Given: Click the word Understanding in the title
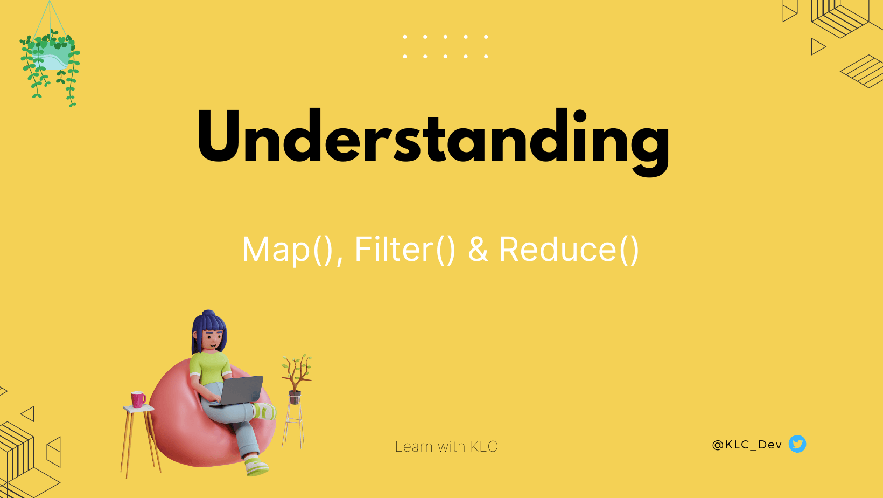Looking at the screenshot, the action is point(433,141).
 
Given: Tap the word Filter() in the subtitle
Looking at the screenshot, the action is point(405,250).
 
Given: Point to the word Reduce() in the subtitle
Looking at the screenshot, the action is point(569,250).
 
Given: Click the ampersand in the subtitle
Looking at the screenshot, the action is point(478,250).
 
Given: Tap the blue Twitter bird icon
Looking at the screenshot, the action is point(797,444).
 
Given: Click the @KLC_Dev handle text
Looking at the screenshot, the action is point(747,445).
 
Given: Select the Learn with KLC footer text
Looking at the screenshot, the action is point(446,447).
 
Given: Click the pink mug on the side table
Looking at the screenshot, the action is point(138,399).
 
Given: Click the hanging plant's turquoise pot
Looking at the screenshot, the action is point(51,57).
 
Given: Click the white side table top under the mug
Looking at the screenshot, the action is point(138,409).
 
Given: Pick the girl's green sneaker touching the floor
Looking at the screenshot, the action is point(257,466).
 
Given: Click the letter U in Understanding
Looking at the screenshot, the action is point(219,136).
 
